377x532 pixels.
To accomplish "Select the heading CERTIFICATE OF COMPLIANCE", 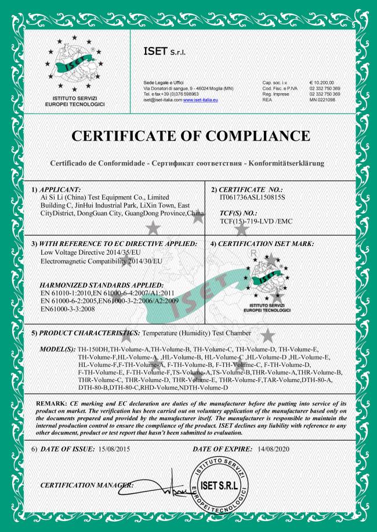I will pyautogui.click(x=188, y=137).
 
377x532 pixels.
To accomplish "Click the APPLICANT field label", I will pyautogui.click(x=55, y=189).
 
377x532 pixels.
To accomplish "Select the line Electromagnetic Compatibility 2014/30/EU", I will pyautogui.click(x=95, y=261).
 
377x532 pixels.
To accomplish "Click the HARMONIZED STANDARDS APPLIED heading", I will pyautogui.click(x=100, y=285).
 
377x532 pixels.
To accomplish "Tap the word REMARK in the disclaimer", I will pyautogui.click(x=50, y=402).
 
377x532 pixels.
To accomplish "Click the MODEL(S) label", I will pyautogui.click(x=56, y=350).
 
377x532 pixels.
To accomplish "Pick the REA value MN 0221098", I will pyautogui.click(x=322, y=100).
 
